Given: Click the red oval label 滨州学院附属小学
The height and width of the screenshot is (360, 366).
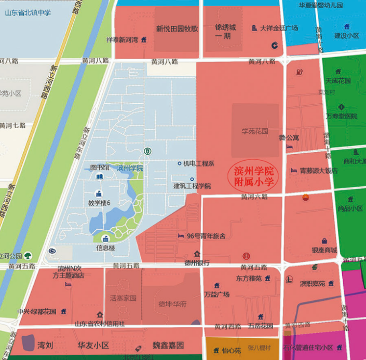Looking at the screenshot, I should [x=254, y=177].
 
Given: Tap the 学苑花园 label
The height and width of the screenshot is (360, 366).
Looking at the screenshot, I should [x=254, y=131].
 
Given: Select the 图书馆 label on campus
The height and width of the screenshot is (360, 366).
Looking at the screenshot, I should [x=100, y=168].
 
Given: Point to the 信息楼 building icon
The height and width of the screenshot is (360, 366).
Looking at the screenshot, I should [x=106, y=239].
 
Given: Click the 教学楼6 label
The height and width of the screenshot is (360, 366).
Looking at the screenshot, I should [x=99, y=203].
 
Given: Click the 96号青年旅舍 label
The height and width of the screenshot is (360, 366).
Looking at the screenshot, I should [x=206, y=236].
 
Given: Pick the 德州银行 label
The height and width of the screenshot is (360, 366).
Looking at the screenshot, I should [x=197, y=262].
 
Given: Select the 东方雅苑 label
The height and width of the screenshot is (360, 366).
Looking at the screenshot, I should [x=249, y=279].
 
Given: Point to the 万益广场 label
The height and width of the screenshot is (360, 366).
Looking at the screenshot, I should [x=217, y=294].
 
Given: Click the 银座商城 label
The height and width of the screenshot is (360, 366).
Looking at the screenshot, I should [x=324, y=250].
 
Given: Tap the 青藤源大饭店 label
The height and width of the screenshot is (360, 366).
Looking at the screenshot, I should [x=319, y=170].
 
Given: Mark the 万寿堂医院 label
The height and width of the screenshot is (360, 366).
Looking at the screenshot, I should [x=341, y=116].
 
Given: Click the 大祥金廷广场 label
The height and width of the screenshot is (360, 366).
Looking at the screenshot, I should [x=279, y=28].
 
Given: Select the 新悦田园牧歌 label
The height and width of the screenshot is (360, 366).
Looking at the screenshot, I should [x=177, y=29].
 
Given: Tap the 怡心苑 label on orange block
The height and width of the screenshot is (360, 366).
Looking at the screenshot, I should [x=231, y=350].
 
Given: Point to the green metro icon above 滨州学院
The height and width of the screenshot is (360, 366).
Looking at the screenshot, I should [x=147, y=151].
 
